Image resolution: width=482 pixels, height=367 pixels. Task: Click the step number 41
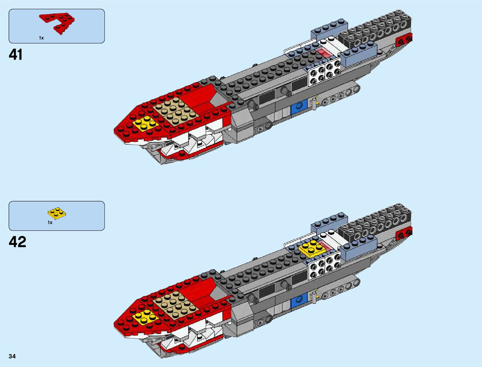(x=16, y=55)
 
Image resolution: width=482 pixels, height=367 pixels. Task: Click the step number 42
(x=18, y=242)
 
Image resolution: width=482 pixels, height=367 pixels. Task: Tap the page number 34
(x=12, y=357)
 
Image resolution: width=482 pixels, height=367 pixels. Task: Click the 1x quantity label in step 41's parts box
(x=41, y=38)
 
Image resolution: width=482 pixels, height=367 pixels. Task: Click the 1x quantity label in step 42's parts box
(x=50, y=222)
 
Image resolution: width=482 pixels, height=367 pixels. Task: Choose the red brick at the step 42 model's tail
(x=404, y=234)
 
